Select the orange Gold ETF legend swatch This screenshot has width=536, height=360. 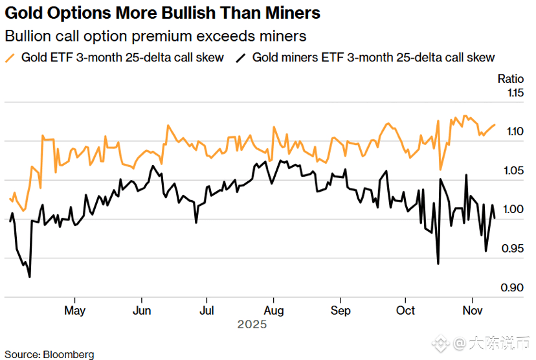click(10, 58)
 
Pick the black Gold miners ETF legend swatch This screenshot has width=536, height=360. click(241, 58)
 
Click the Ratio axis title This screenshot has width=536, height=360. click(510, 79)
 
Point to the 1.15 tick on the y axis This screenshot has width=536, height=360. click(515, 93)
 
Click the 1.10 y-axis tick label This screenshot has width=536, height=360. click(515, 132)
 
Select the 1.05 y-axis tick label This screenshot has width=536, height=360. click(515, 171)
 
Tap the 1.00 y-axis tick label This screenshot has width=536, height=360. click(515, 210)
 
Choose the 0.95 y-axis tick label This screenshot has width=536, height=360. click(515, 249)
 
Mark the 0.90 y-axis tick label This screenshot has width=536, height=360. click(515, 287)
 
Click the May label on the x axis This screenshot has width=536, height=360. click(74, 311)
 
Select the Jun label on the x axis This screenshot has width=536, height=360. click(142, 311)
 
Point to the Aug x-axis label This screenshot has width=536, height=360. click(274, 311)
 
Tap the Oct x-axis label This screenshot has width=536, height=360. click(406, 311)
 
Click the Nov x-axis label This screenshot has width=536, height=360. click(473, 311)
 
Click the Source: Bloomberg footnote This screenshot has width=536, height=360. click(49, 354)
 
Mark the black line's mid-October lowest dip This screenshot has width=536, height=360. click(438, 264)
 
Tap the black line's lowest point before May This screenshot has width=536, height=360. click(29, 277)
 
